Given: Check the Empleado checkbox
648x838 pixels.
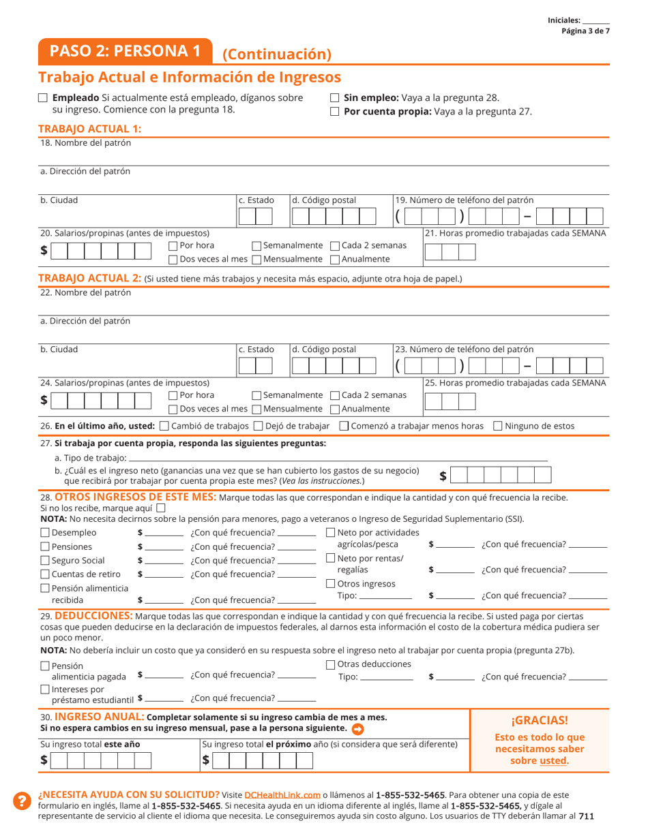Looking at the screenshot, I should [x=44, y=98].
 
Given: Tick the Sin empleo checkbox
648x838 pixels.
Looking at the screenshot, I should [x=335, y=98].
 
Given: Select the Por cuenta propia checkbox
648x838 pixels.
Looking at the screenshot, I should [x=335, y=112].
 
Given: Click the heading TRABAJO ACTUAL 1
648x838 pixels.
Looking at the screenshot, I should [x=90, y=129].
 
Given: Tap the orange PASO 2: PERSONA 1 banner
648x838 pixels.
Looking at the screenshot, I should [x=126, y=51].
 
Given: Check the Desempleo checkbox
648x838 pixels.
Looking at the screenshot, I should [x=45, y=533].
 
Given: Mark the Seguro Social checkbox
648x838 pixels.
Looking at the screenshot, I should [x=45, y=560].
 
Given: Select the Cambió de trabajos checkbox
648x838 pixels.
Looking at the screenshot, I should [x=164, y=426].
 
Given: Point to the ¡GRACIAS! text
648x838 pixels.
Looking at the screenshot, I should [x=539, y=721].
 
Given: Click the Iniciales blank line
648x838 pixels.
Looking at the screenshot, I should [x=596, y=21].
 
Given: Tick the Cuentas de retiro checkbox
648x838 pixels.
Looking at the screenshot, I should [x=45, y=574].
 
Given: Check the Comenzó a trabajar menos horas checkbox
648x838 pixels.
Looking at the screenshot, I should [x=344, y=426].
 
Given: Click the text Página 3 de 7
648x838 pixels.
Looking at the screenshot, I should [x=585, y=31].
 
